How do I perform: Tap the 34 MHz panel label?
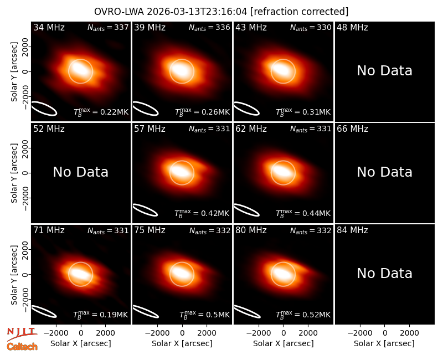pos(49,27)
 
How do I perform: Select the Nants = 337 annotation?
pos(108,27)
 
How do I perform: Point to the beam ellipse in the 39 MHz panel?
pos(146,109)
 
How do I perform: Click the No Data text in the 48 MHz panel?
pos(384,71)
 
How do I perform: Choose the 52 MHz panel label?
pos(49,129)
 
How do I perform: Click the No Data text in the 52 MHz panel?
pos(80,172)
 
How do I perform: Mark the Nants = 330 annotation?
pos(311,27)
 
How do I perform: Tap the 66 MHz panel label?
pos(352,129)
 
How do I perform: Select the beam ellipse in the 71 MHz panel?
pos(44,312)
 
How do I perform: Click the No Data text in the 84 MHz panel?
pos(384,274)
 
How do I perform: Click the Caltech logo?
pos(22,347)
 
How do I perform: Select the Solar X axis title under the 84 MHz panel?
pos(384,343)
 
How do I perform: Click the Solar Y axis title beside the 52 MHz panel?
pos(14,173)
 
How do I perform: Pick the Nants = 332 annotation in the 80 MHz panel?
pos(311,230)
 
